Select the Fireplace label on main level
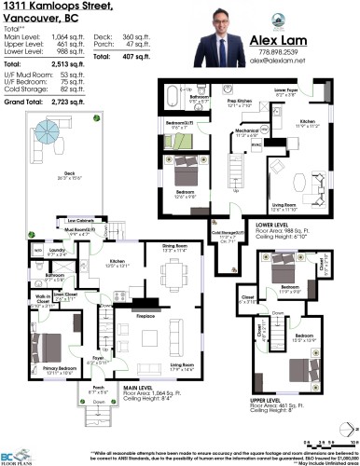point(140,316)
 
